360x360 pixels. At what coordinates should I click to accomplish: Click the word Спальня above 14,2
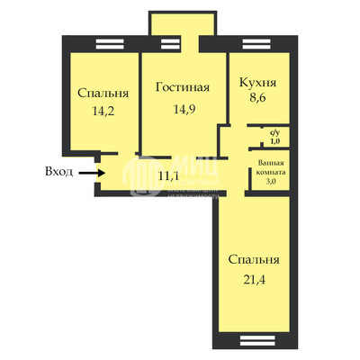click(103, 93)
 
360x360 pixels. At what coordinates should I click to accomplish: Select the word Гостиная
click(182, 87)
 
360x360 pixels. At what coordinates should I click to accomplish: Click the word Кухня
click(257, 83)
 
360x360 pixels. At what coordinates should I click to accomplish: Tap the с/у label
click(274, 132)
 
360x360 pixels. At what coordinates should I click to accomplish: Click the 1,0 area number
click(274, 140)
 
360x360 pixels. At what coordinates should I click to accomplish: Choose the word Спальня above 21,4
click(254, 260)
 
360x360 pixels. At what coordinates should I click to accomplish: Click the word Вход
click(58, 169)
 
